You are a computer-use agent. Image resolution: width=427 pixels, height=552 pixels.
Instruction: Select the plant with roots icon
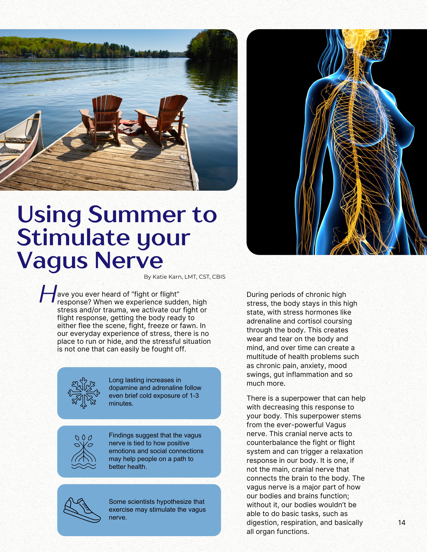point(84,452)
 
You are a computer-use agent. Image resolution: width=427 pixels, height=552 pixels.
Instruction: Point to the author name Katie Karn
point(167,277)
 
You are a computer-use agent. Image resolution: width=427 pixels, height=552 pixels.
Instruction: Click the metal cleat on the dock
point(182,157)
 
